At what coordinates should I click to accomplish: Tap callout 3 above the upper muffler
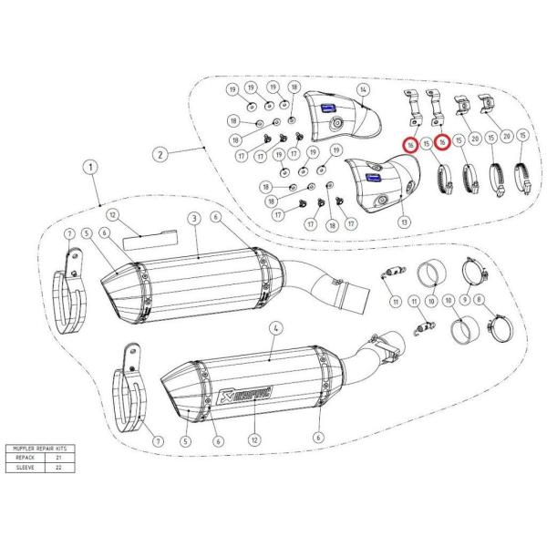[193, 219]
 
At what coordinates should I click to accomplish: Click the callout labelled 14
[363, 89]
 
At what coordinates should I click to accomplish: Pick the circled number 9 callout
[465, 299]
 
